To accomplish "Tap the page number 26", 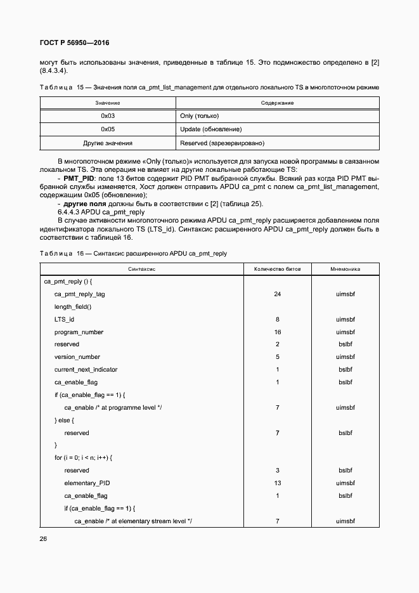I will (x=43, y=539).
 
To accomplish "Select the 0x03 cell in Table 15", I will (x=108, y=116).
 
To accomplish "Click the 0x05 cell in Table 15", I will (x=108, y=129).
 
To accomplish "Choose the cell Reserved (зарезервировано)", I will (x=222, y=143).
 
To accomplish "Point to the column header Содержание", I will (x=277, y=103).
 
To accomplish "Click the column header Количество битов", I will (x=278, y=269).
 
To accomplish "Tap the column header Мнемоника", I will (x=345, y=269).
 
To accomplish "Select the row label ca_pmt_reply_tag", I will (x=80, y=294).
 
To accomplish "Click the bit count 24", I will (x=278, y=294).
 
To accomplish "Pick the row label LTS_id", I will (x=65, y=319).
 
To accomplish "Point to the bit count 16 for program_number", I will (x=278, y=332).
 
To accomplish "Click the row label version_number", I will (x=77, y=357).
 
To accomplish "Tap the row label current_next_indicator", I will (x=86, y=370).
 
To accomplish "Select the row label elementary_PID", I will (x=87, y=483).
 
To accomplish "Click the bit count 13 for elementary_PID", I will (x=278, y=483).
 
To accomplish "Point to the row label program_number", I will (x=79, y=332).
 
